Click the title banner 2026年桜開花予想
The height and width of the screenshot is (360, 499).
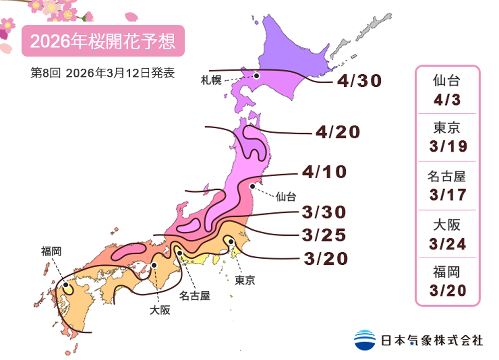point(103,41)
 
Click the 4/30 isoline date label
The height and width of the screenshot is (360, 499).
point(359,81)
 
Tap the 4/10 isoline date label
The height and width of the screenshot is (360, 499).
point(324,173)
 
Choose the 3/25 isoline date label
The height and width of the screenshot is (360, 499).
point(324,234)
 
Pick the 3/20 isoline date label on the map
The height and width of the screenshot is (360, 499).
point(325,259)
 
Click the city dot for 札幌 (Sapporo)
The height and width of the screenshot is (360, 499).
point(256,76)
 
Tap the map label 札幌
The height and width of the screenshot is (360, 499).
point(211,80)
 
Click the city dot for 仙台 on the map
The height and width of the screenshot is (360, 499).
point(252,186)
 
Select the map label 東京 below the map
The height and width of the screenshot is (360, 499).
point(245,280)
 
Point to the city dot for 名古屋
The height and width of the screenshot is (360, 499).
point(180,253)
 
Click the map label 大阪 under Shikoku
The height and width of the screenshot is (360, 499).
point(160,310)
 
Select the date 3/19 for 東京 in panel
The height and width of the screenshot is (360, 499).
point(447,147)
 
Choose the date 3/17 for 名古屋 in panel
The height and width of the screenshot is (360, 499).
point(447,194)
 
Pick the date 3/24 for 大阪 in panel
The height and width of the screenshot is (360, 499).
point(447,243)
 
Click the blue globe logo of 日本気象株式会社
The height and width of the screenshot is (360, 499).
point(365,340)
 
